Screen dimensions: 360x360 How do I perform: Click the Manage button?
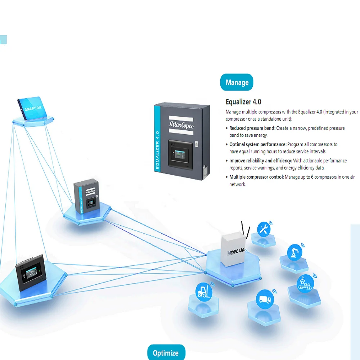point(237,82)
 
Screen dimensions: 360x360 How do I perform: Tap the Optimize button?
point(166,353)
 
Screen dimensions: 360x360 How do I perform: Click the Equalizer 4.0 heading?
point(243,102)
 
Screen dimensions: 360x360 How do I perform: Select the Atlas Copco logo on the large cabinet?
point(181,124)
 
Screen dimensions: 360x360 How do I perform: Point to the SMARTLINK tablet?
point(32,108)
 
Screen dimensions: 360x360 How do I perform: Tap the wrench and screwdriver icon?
point(264,229)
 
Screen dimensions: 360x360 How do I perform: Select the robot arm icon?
point(294,252)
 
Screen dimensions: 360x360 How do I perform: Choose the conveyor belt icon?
point(305,283)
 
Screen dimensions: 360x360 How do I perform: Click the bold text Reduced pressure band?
point(252,128)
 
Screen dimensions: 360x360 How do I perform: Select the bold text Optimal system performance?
point(258,144)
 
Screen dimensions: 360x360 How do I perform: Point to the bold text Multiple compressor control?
point(257,177)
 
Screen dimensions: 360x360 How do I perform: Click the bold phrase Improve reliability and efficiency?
point(261,161)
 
